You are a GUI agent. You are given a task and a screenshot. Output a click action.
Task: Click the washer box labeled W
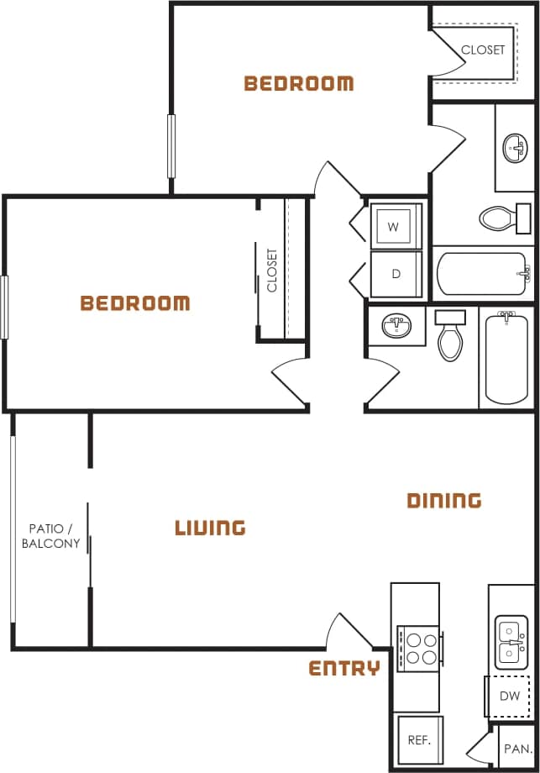[393, 226]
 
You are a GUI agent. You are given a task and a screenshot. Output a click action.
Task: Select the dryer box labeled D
[395, 274]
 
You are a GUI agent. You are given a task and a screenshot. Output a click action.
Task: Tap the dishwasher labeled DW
[510, 696]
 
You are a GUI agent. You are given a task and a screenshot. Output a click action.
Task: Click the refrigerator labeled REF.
[419, 740]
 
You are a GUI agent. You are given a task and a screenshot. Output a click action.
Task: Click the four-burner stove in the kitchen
[417, 647]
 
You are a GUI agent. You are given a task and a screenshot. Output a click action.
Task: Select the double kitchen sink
[511, 641]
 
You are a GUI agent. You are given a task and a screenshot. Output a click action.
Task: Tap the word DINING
[444, 501]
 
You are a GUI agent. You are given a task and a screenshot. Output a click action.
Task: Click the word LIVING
[210, 528]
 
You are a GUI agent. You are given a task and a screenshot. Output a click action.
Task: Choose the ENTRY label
[344, 668]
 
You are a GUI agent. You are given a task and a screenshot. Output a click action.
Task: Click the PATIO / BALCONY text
[51, 535]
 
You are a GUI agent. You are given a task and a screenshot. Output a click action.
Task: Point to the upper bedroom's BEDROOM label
[298, 83]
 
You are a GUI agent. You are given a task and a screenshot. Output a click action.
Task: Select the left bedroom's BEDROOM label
[135, 303]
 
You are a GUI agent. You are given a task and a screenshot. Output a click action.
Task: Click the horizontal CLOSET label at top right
[483, 50]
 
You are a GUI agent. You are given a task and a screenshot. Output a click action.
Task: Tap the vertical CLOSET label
[272, 270]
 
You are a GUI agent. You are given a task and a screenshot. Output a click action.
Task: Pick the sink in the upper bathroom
[516, 150]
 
